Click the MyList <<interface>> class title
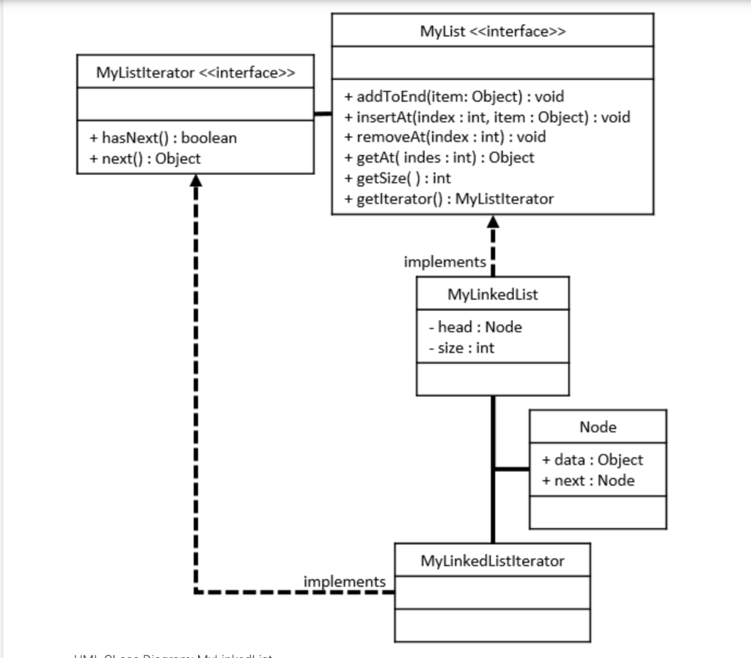(492, 32)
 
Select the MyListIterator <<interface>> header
(195, 73)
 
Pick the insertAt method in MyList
(487, 117)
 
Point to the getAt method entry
(439, 158)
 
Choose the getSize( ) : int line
(398, 178)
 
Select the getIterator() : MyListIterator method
(449, 199)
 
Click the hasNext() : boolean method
(163, 138)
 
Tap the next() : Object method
(145, 158)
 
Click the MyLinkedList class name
(492, 295)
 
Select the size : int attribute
(461, 348)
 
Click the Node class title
(598, 427)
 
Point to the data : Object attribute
(592, 460)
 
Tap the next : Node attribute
(588, 481)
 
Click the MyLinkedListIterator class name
(492, 561)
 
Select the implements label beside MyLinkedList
(444, 262)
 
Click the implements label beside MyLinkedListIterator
(344, 581)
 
